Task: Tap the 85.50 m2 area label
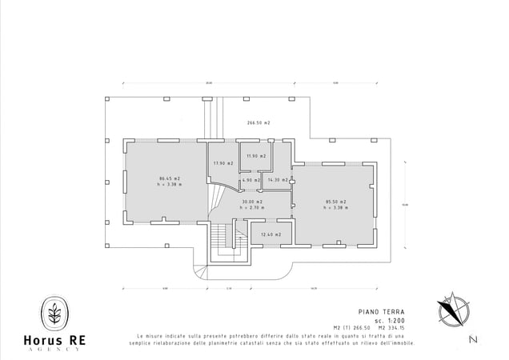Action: pyautogui.click(x=335, y=201)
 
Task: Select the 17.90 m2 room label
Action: pyautogui.click(x=222, y=163)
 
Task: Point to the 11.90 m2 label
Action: pyautogui.click(x=256, y=156)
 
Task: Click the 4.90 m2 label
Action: pyautogui.click(x=251, y=180)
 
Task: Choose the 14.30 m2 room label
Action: pyautogui.click(x=277, y=180)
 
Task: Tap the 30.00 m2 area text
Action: pyautogui.click(x=253, y=202)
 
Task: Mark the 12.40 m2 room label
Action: pyautogui.click(x=271, y=234)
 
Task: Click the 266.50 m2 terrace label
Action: pyautogui.click(x=258, y=123)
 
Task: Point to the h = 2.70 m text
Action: pyautogui.click(x=253, y=207)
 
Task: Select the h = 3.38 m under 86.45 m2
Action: pyautogui.click(x=170, y=185)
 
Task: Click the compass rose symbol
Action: pyautogui.click(x=450, y=309)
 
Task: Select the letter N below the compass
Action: pyautogui.click(x=473, y=341)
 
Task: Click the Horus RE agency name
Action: pyautogui.click(x=55, y=340)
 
